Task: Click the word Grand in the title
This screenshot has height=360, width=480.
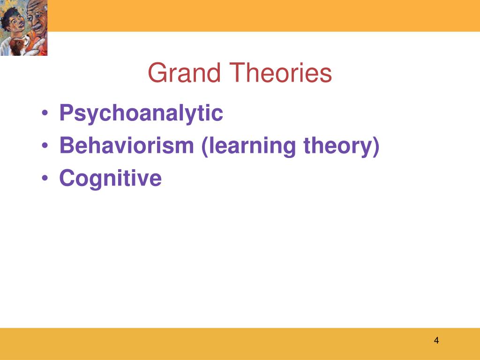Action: (184, 73)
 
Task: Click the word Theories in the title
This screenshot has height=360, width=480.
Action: (281, 73)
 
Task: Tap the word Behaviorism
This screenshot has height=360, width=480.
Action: (127, 145)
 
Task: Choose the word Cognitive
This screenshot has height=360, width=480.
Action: (111, 179)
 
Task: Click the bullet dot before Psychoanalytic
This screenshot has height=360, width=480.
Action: (45, 112)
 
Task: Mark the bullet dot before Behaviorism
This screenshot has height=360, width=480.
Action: (45, 145)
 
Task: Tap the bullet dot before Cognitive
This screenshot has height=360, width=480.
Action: (45, 178)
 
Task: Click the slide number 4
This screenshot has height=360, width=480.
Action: (436, 340)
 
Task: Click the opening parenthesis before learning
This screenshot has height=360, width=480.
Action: (205, 147)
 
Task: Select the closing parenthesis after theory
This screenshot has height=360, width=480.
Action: (376, 147)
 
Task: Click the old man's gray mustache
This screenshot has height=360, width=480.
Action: (37, 27)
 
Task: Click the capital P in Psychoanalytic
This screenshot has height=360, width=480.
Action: (67, 112)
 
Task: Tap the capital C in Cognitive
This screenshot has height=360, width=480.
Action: (67, 178)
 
